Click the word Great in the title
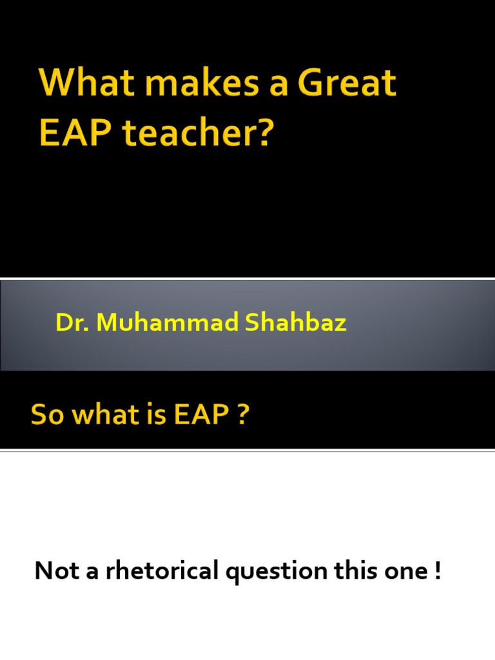347,82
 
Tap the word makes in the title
202,82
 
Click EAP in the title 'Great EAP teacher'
75,133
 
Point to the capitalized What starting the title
87,82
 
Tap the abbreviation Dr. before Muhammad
72,322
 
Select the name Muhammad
168,322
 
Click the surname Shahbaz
295,322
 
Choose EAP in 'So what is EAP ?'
202,414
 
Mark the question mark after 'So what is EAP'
243,414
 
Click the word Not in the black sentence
57,571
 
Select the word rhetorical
162,570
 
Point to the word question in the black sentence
277,572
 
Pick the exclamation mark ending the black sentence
438,571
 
